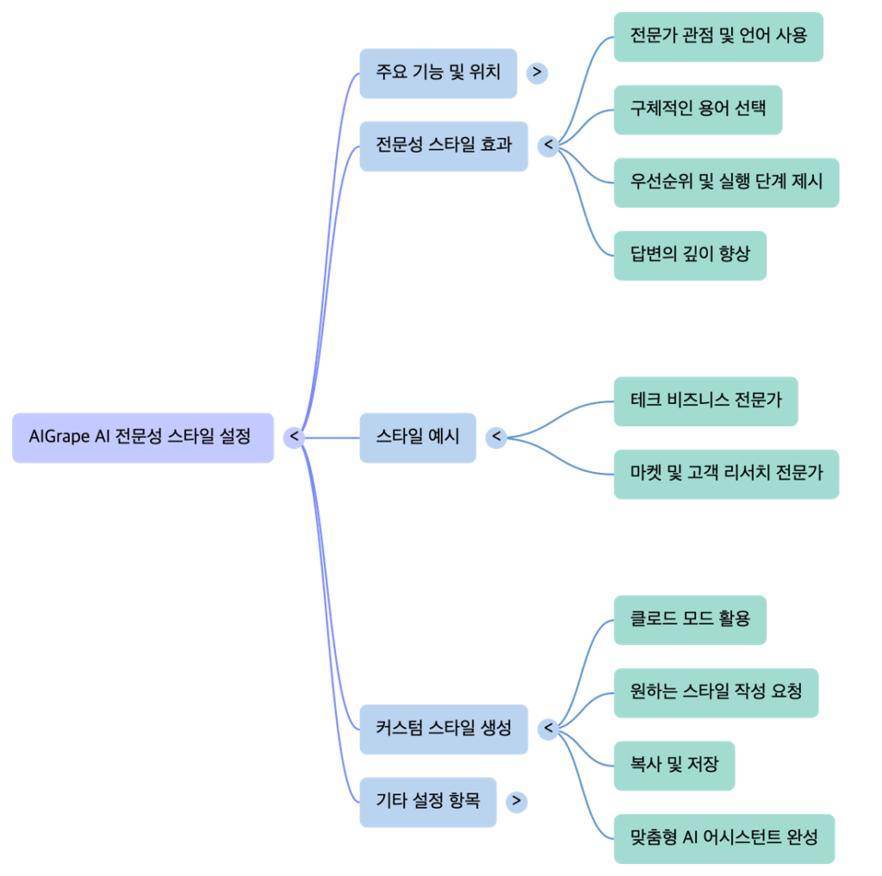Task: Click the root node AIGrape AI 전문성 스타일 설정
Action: (x=143, y=438)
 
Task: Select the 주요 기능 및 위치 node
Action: (x=438, y=73)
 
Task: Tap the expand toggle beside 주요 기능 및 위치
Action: (x=537, y=73)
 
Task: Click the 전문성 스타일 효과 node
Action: (x=444, y=146)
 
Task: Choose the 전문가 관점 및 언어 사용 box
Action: (x=718, y=37)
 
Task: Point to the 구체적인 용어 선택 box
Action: (x=698, y=109)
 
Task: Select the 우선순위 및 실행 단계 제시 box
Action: (x=726, y=182)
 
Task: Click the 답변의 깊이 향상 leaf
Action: (x=690, y=255)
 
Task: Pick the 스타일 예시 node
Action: (x=418, y=438)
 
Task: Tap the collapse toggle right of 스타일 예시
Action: (x=496, y=438)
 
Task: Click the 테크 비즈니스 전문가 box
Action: (x=705, y=401)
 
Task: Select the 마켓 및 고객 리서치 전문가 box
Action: (x=726, y=474)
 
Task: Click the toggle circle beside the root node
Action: (x=295, y=438)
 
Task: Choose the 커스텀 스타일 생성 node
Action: (x=444, y=729)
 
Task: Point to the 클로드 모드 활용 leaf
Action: (x=690, y=619)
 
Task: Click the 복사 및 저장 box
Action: (x=674, y=765)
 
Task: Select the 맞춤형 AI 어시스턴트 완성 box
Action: (x=724, y=838)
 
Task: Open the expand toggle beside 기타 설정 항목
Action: (x=516, y=802)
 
